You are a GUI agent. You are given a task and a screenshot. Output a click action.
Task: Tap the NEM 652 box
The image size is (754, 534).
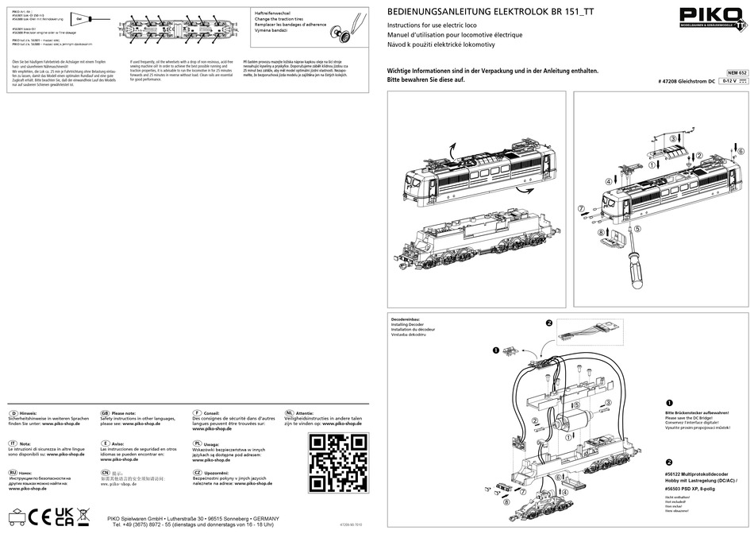click(737, 72)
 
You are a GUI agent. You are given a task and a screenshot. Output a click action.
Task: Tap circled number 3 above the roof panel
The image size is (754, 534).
click(674, 139)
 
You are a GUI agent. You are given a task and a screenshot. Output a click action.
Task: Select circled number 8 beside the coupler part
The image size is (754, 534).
click(601, 233)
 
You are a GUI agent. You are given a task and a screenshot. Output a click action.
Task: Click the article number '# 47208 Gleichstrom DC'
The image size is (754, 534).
click(687, 81)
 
